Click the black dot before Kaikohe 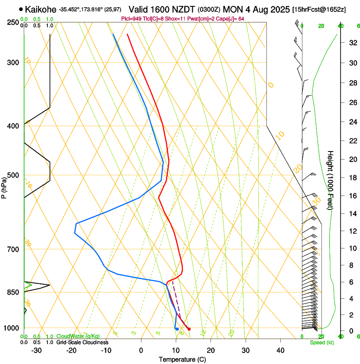click(x=21, y=9)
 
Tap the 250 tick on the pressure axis click(x=13, y=22)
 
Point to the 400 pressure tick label click(x=13, y=126)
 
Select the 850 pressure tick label click(x=13, y=292)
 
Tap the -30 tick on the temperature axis click(x=36, y=350)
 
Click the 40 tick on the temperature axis click(x=280, y=350)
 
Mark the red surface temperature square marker click(x=189, y=329)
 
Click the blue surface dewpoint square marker click(x=177, y=329)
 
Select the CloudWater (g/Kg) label click(x=78, y=336)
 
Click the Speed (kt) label click(x=321, y=342)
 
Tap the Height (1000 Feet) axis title click(x=331, y=180)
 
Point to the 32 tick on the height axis click(x=352, y=43)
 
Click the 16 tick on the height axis click(x=352, y=196)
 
